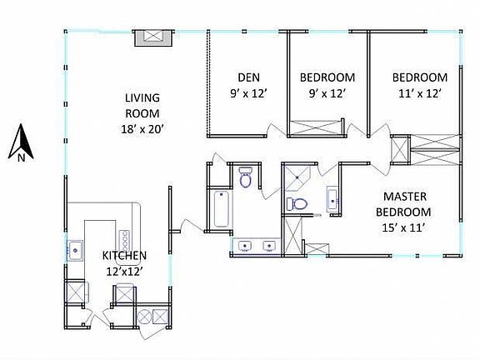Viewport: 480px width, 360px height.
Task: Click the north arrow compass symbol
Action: tap(21, 142)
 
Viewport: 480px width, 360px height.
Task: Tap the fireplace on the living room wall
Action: tap(154, 36)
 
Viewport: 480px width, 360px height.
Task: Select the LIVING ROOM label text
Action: tap(142, 105)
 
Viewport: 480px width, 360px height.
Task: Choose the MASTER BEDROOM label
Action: tap(406, 203)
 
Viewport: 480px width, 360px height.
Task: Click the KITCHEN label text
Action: tap(125, 256)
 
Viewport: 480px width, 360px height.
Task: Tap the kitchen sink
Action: tap(75, 248)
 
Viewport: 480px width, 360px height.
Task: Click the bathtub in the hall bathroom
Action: tap(221, 208)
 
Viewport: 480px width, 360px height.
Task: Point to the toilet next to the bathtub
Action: tap(246, 178)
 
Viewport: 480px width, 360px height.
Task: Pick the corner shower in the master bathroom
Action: tap(296, 176)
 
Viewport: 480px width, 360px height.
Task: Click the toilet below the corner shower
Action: tap(297, 203)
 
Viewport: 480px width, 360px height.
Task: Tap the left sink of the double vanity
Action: tap(243, 246)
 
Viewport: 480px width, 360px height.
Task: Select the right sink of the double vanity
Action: tap(269, 246)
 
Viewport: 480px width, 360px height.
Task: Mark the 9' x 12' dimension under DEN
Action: tap(248, 94)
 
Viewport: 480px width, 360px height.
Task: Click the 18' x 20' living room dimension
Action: tap(142, 129)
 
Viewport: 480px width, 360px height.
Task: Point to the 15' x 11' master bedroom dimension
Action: tap(406, 225)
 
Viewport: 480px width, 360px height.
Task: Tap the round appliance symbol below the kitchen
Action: tap(142, 316)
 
